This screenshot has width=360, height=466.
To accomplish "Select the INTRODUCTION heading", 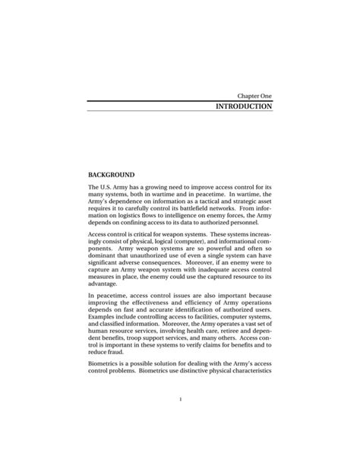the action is point(243,107).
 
